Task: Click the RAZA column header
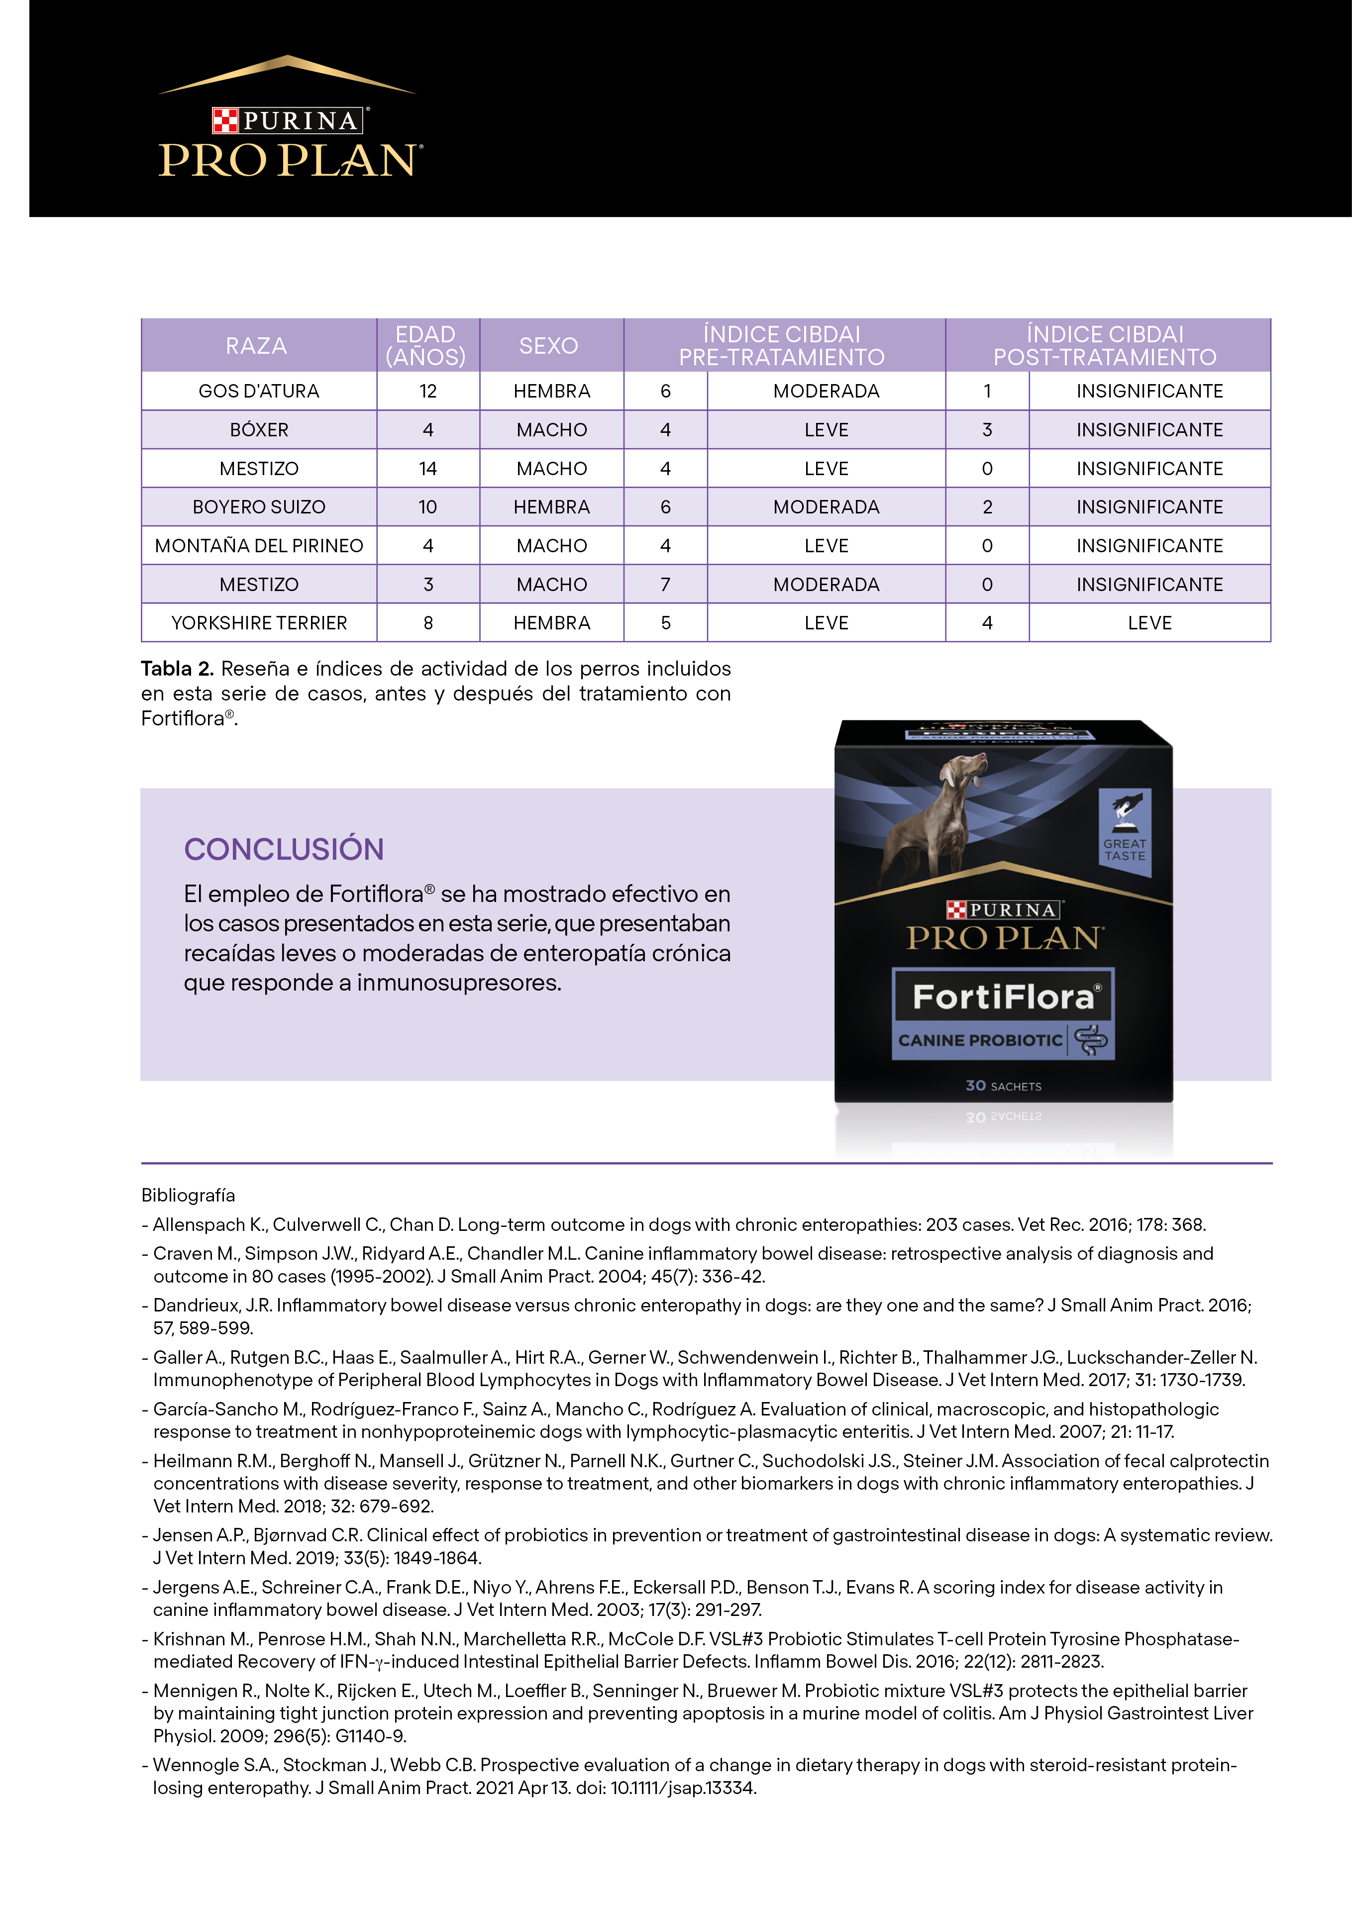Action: pos(256,345)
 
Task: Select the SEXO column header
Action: pos(549,345)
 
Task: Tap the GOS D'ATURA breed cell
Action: pos(259,391)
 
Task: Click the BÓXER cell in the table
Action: pos(259,430)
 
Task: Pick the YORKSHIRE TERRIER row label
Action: pos(259,623)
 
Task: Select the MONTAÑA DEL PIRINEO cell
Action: pos(259,546)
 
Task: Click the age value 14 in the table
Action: pos(428,469)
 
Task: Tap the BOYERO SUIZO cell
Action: pos(259,507)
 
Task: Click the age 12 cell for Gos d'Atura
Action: pos(428,391)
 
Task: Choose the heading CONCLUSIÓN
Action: pos(284,849)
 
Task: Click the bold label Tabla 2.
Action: pos(177,669)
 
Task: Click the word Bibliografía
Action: pos(188,1195)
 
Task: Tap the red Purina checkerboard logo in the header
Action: pos(225,121)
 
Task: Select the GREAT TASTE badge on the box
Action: pos(1125,832)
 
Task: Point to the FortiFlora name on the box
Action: pos(1003,996)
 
